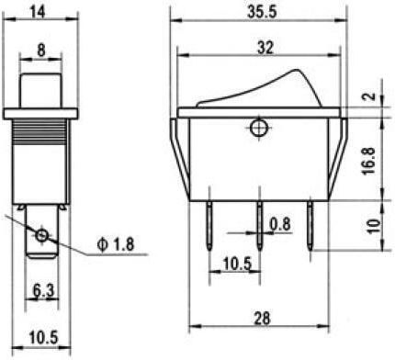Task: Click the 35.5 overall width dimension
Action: (262, 12)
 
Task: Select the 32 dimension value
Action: (265, 48)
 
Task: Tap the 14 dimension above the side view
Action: (38, 12)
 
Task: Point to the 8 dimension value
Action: (41, 50)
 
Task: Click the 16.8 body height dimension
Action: (369, 161)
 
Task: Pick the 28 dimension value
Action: (262, 318)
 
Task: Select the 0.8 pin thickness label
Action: (280, 224)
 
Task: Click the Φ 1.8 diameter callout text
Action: (116, 244)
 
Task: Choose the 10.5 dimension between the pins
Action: (237, 264)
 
